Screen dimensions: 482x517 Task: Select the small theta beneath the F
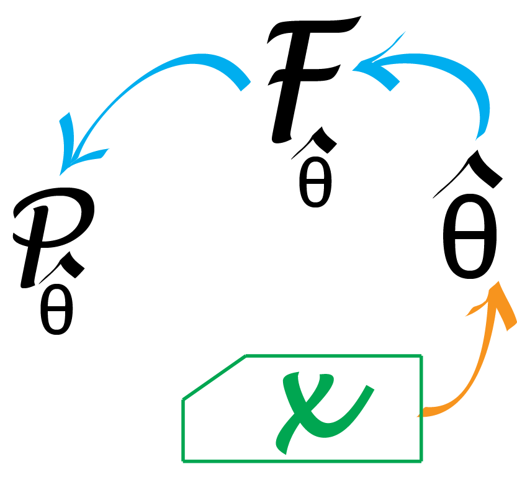tap(315, 186)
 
